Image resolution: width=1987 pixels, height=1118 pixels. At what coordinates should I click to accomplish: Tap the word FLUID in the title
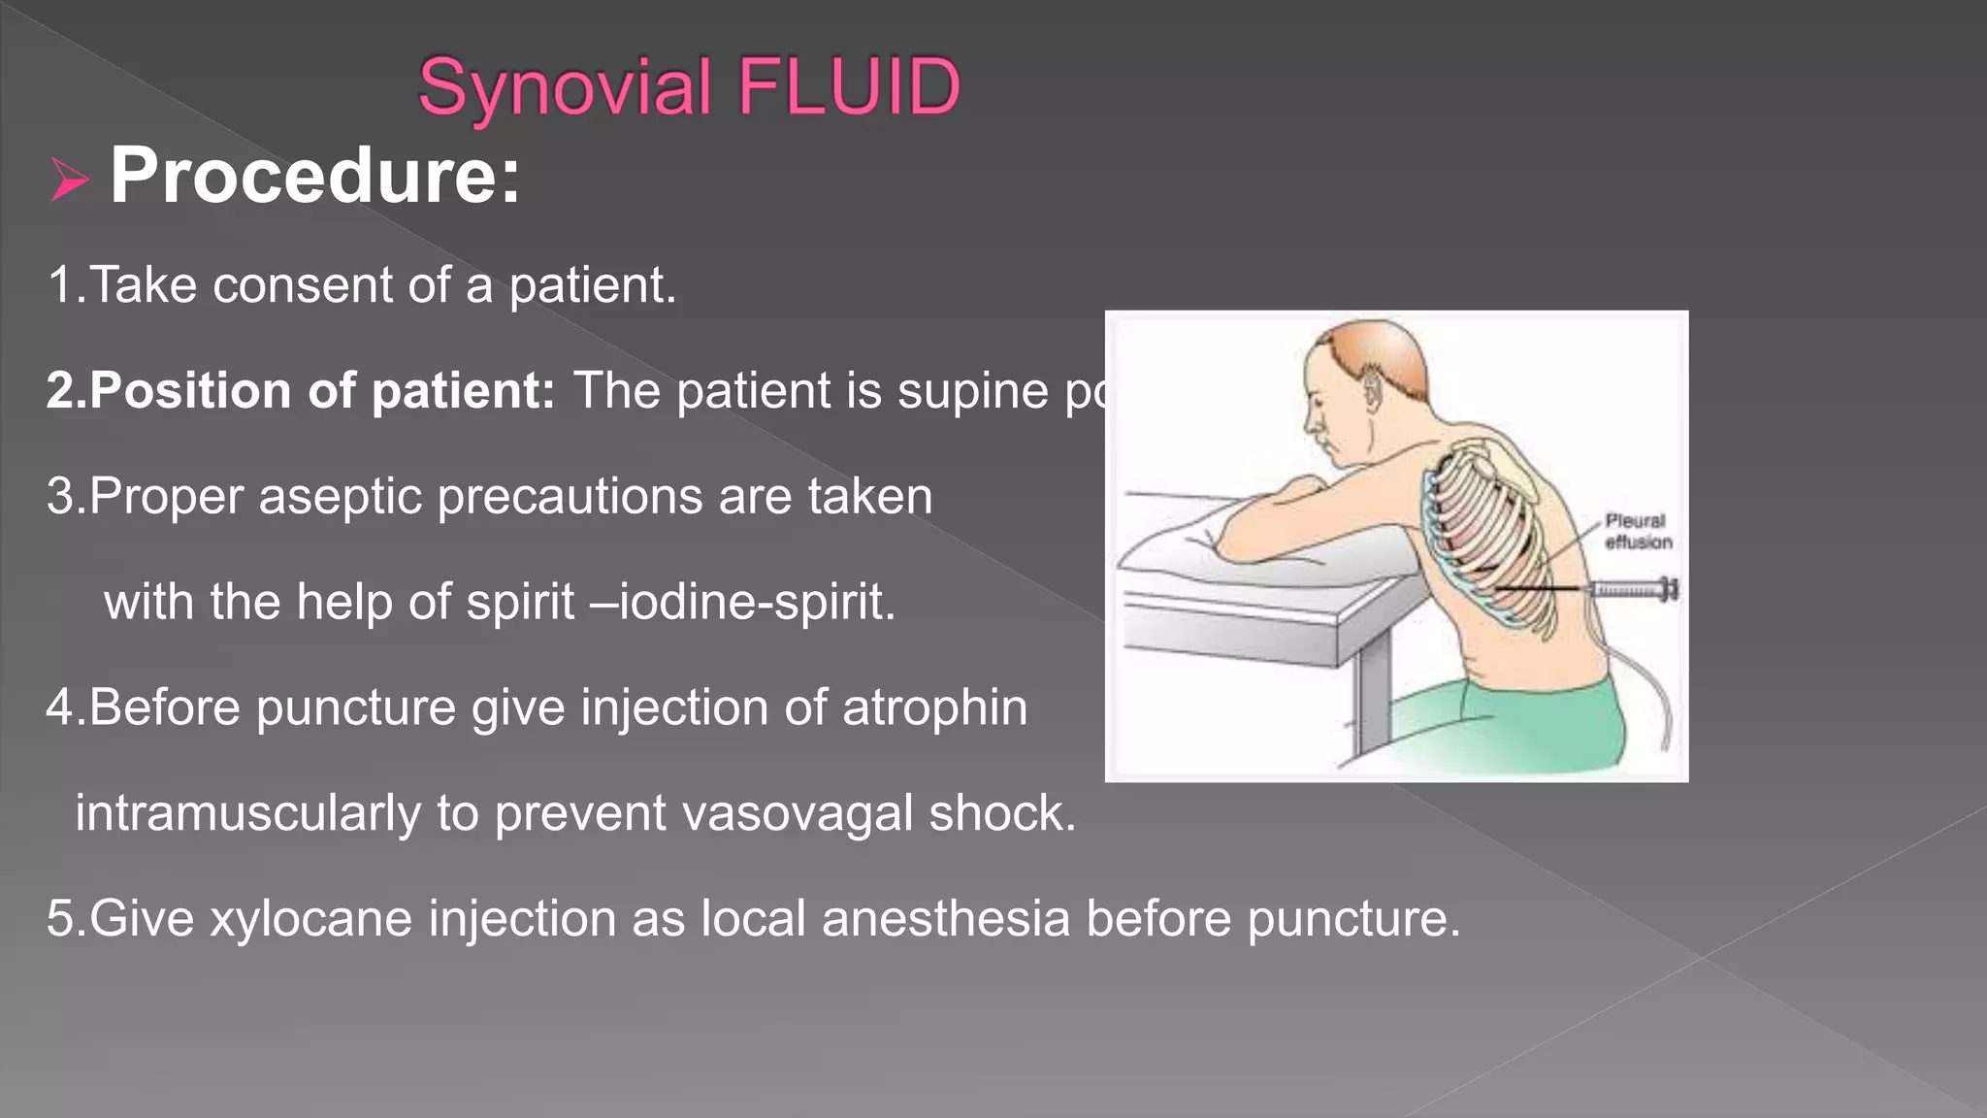[x=849, y=87]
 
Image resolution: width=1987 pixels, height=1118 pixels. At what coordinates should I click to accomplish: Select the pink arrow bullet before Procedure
[x=69, y=180]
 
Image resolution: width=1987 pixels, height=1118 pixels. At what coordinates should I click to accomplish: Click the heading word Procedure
[x=314, y=176]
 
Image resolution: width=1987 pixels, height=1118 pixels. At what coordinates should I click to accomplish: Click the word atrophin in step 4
[x=934, y=707]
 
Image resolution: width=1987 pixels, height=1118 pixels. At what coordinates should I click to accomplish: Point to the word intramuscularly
[x=247, y=813]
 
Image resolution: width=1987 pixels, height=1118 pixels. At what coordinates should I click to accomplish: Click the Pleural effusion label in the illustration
[x=1638, y=532]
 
